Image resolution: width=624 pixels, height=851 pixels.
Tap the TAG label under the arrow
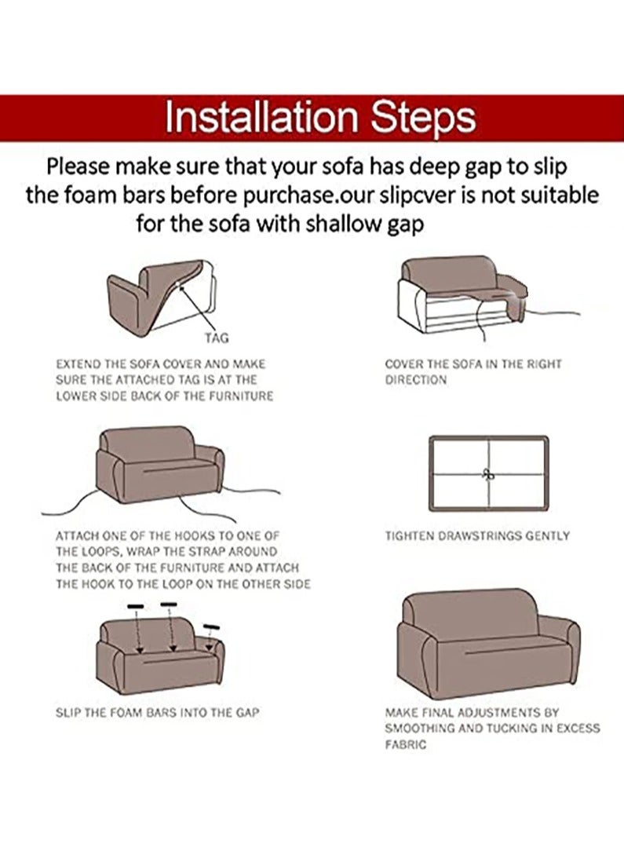[x=217, y=338]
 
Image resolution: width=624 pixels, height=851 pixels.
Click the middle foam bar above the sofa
[x=168, y=604]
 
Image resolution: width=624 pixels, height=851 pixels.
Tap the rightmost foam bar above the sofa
[x=210, y=626]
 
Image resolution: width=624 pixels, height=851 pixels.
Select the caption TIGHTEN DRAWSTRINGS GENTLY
[x=476, y=536]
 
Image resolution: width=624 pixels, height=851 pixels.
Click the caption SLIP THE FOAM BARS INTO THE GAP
[x=157, y=713]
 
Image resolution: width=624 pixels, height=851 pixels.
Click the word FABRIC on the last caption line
[x=406, y=744]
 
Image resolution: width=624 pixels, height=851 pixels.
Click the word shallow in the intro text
[x=345, y=225]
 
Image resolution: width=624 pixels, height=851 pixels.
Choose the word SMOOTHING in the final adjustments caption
[x=424, y=729]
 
